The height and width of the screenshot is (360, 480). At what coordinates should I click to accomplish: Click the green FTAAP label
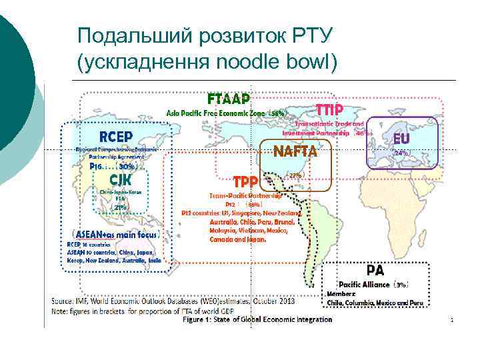(229, 99)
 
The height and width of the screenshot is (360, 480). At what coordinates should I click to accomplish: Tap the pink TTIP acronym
(329, 109)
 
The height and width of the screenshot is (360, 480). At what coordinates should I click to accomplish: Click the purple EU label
(401, 139)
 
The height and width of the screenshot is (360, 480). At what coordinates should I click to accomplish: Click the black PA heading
(375, 271)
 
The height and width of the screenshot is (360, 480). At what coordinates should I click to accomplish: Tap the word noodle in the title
(251, 63)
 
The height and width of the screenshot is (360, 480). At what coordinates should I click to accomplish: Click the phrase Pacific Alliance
(364, 284)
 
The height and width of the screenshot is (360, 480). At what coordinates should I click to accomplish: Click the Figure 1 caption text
(257, 319)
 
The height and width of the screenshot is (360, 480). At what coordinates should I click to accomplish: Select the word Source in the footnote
(64, 301)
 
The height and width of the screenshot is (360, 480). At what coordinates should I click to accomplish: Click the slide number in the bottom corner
(451, 321)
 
